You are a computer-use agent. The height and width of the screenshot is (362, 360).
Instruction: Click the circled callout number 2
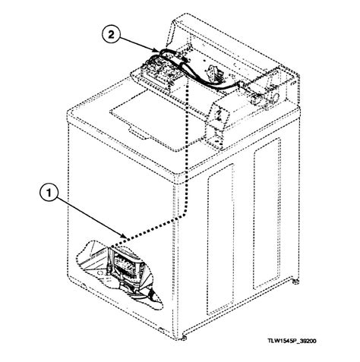tap(111, 35)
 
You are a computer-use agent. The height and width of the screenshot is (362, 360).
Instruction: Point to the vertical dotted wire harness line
tap(185, 152)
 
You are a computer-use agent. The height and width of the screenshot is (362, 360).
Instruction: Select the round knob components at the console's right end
tap(267, 96)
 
